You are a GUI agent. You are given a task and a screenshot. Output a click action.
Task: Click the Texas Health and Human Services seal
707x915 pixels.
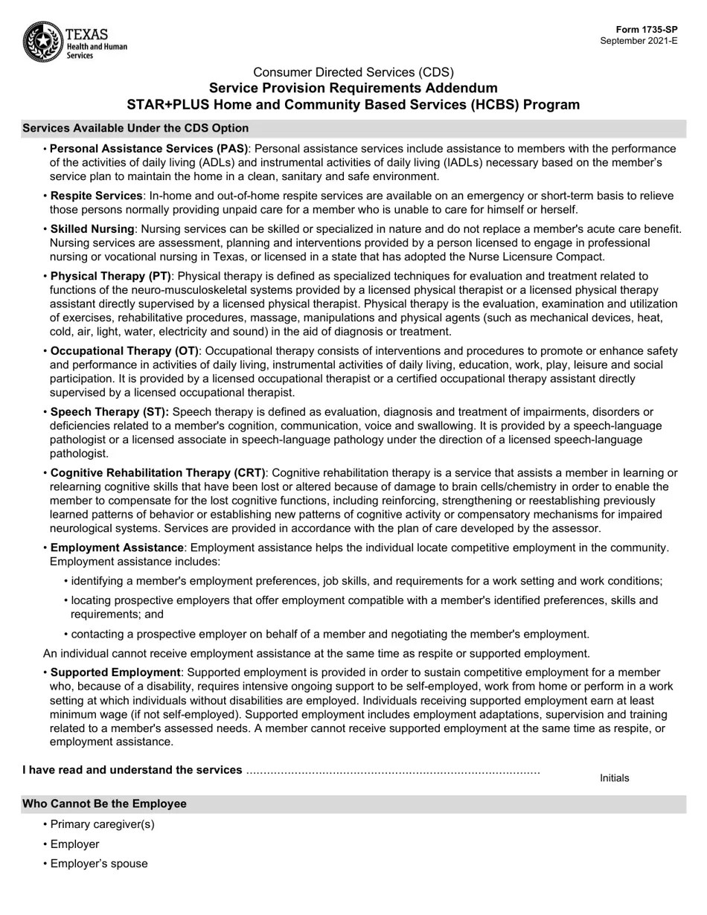click(43, 42)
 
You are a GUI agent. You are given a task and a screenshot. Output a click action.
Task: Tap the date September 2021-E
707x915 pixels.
click(639, 41)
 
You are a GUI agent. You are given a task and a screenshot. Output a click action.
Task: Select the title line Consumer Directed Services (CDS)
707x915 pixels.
click(353, 72)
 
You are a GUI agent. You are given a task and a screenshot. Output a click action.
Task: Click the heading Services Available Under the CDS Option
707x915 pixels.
click(135, 128)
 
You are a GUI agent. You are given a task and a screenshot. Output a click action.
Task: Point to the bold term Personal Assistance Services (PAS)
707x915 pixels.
click(150, 149)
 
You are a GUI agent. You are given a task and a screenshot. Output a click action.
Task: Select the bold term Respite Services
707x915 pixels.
click(96, 196)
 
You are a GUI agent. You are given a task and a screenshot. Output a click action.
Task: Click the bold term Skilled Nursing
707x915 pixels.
click(92, 229)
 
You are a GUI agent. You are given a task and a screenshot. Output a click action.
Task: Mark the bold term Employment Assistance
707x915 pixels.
click(117, 548)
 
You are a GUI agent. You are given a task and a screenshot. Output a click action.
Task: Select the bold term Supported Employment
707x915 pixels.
click(115, 672)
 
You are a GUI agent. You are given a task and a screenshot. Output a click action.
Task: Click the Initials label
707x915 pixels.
click(614, 778)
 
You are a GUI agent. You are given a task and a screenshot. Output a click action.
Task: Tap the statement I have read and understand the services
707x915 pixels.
click(132, 770)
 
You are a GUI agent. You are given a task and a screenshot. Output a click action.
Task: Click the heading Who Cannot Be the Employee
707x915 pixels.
click(104, 804)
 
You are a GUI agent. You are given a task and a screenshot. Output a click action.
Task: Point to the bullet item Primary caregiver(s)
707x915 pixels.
click(102, 824)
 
